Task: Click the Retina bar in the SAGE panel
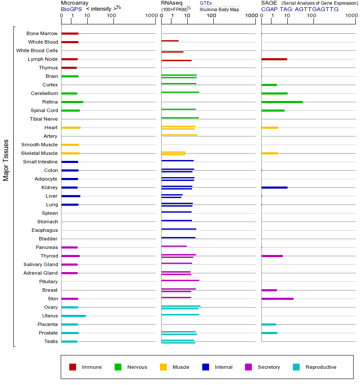[x=282, y=102]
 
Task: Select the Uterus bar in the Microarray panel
[x=74, y=316]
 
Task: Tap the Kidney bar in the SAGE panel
[x=274, y=187]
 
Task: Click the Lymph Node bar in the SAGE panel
[x=274, y=59]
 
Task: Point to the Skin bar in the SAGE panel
[x=277, y=299]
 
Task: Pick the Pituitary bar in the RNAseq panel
[x=180, y=281]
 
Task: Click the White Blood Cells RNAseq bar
[x=172, y=52]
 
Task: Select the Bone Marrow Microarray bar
[x=70, y=33]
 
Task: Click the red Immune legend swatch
[x=73, y=367]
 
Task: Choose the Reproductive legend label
[x=321, y=367]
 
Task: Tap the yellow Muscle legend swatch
[x=163, y=367]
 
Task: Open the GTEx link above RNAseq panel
[x=206, y=3]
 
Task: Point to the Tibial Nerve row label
[x=44, y=119]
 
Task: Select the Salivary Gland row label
[x=41, y=264]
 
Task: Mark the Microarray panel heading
[x=74, y=3]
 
